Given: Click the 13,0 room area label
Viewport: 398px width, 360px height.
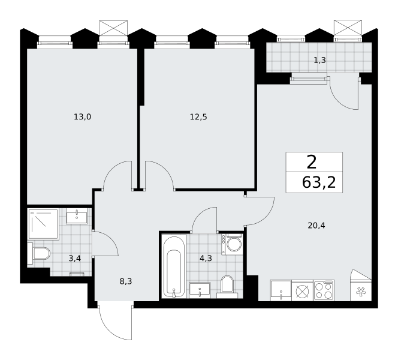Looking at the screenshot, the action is pyautogui.click(x=82, y=117).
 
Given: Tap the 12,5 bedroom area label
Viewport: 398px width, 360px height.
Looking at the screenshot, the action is pyautogui.click(x=198, y=117).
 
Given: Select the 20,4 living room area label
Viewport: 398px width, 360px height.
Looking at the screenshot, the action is pyautogui.click(x=316, y=226).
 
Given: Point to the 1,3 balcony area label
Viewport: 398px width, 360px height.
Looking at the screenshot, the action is pyautogui.click(x=320, y=60).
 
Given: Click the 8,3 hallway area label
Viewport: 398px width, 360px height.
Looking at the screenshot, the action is pyautogui.click(x=126, y=281).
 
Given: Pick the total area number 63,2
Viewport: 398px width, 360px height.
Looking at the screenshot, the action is pyautogui.click(x=319, y=182).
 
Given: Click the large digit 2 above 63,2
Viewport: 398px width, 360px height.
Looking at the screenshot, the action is pyautogui.click(x=312, y=162).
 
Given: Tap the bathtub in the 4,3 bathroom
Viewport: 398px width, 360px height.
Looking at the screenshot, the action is pyautogui.click(x=174, y=266).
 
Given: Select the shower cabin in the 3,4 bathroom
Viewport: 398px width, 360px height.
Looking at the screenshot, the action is pyautogui.click(x=44, y=224).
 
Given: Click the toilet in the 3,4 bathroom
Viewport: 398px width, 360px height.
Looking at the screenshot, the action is pyautogui.click(x=39, y=254).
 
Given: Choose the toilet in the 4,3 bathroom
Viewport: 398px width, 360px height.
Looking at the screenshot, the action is pyautogui.click(x=227, y=287).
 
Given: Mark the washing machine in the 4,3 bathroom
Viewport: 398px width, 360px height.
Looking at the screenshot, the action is pyautogui.click(x=232, y=244).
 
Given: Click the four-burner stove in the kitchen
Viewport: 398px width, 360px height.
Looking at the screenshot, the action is pyautogui.click(x=324, y=290).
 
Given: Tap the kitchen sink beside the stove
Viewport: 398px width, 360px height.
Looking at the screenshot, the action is pyautogui.click(x=281, y=290).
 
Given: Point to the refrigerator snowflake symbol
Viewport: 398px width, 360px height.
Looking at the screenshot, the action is pyautogui.click(x=360, y=292).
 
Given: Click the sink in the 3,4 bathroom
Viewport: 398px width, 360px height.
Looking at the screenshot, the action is pyautogui.click(x=77, y=216).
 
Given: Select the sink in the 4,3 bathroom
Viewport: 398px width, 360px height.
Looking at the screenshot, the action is pyautogui.click(x=200, y=290).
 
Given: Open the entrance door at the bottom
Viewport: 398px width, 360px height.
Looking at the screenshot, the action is pyautogui.click(x=116, y=320).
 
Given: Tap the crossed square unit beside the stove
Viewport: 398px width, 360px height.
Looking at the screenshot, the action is pyautogui.click(x=303, y=290).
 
